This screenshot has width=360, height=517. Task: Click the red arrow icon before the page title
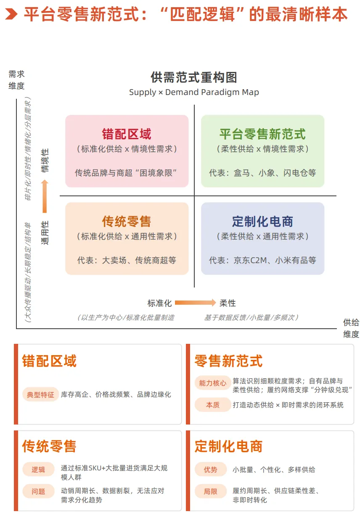(x=11, y=14)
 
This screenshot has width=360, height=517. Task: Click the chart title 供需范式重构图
(x=194, y=77)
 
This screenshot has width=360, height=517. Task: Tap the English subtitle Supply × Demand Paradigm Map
(x=194, y=92)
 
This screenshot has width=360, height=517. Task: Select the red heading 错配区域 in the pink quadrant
(x=127, y=134)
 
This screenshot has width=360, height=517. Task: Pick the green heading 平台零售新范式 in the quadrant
(x=262, y=134)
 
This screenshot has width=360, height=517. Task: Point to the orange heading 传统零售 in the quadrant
(x=127, y=222)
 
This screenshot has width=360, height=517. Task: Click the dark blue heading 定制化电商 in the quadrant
(x=262, y=222)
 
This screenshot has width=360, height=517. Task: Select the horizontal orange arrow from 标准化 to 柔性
(x=195, y=303)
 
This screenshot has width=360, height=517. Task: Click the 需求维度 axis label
(x=17, y=80)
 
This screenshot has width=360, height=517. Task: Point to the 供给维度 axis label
(x=351, y=328)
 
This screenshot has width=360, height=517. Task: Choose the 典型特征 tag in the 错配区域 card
(x=40, y=395)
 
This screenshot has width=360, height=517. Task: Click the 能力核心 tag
(x=213, y=383)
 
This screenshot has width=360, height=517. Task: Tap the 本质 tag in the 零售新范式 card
(x=213, y=405)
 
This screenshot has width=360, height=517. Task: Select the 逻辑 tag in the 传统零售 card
(x=38, y=470)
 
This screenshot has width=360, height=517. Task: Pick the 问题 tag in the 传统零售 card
(x=38, y=491)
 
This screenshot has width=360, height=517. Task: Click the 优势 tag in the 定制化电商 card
(x=211, y=470)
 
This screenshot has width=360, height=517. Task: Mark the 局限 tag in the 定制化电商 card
(x=211, y=491)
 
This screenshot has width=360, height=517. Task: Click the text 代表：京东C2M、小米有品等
(x=262, y=260)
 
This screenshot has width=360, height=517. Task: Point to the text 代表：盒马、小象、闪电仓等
(x=262, y=173)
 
